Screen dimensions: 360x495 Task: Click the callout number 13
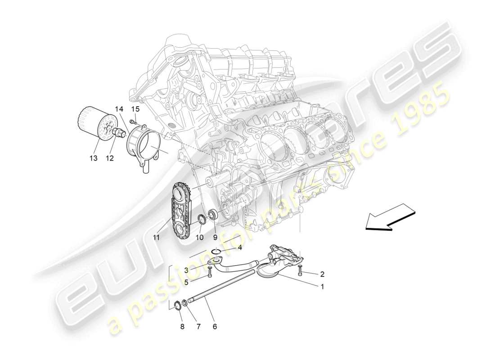pyautogui.click(x=93, y=157)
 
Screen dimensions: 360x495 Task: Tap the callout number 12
pyautogui.click(x=109, y=157)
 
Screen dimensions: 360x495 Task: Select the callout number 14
pyautogui.click(x=119, y=109)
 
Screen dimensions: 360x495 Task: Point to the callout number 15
pyautogui.click(x=135, y=109)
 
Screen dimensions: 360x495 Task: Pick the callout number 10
pyautogui.click(x=199, y=237)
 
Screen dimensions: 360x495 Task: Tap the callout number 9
pyautogui.click(x=215, y=237)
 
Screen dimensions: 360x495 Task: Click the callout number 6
pyautogui.click(x=215, y=327)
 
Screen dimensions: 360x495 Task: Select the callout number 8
pyautogui.click(x=182, y=327)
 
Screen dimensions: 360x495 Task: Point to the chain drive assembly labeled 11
pyautogui.click(x=181, y=211)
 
